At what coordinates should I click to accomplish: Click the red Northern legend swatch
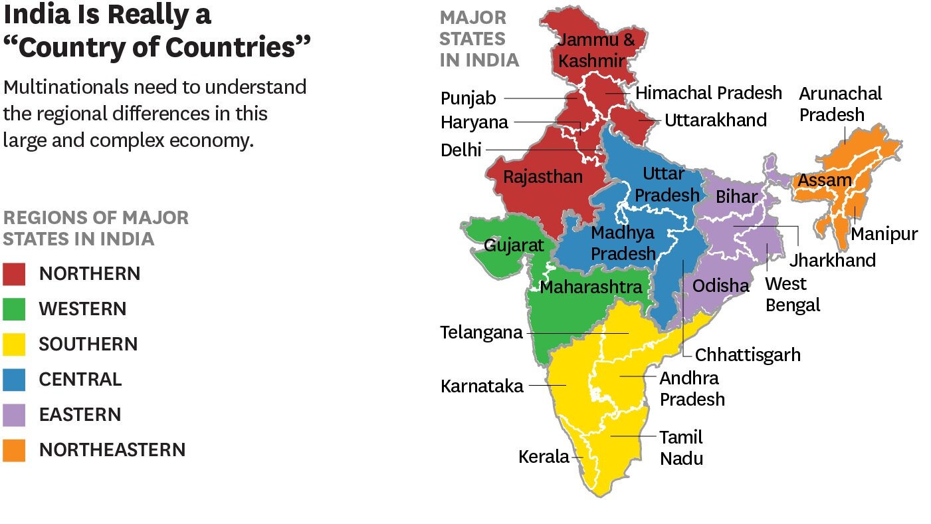coord(14,273)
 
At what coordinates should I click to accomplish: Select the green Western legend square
coord(14,309)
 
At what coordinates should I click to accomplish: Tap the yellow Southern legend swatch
coord(14,344)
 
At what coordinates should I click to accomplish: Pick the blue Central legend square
coord(14,379)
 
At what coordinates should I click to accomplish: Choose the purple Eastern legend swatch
coord(14,414)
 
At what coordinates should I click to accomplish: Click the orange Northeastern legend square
coord(14,450)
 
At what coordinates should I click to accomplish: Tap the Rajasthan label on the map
coord(542,177)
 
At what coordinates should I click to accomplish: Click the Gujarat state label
coord(514,245)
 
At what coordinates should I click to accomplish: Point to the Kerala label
coord(544,457)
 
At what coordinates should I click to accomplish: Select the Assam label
coord(824,180)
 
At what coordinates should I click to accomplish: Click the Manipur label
coord(884,234)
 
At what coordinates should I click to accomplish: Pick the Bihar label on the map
coord(736,197)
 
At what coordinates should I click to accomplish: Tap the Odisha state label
coord(720,286)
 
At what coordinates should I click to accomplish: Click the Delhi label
coord(461,150)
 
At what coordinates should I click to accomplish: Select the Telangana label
coord(481,332)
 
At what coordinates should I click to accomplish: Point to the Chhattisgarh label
coord(748,354)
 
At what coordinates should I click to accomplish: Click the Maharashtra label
coord(591,287)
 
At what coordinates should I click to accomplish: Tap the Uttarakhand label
coord(716,120)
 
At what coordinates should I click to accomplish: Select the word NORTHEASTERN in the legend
coord(112,450)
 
